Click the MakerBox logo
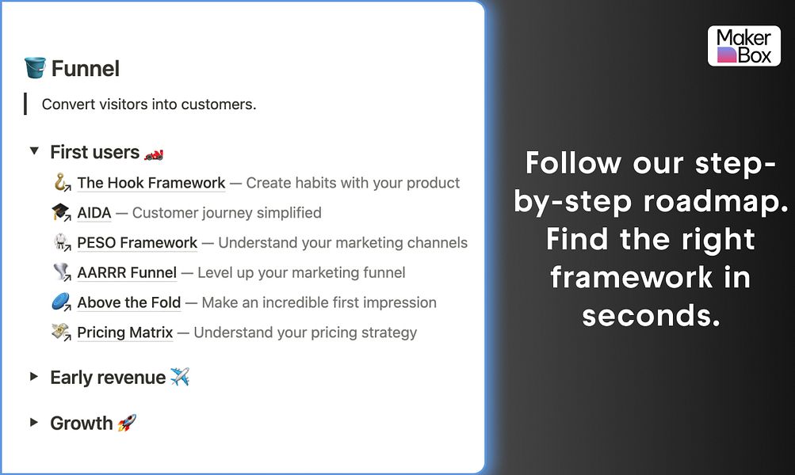743,46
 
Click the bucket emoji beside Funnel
35,69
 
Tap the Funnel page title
86,69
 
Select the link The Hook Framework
151,183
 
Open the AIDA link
94,213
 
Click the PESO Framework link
137,243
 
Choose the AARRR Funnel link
127,273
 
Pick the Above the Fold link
129,302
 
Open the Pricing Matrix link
124,332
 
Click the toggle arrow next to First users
34,150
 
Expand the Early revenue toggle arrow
34,377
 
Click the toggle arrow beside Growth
34,422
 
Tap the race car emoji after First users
154,152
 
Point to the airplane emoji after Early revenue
180,378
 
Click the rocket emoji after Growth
127,423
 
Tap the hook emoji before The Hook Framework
60,183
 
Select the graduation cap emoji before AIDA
60,213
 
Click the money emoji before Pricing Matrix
60,332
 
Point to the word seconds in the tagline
651,315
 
